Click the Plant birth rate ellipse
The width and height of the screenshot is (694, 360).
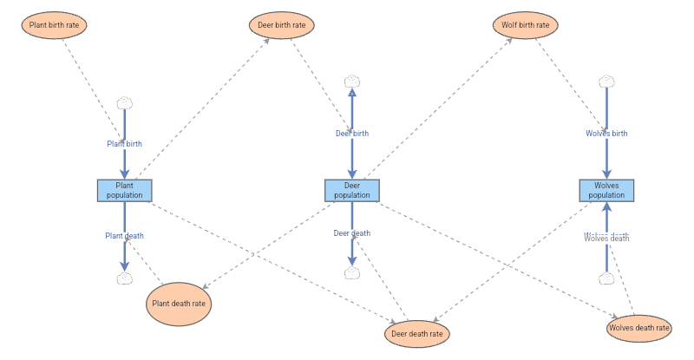click(x=54, y=25)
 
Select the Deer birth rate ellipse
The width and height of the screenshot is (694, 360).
click(x=281, y=25)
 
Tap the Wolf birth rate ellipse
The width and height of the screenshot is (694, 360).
click(x=525, y=25)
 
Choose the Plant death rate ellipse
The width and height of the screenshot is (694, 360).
click(x=179, y=304)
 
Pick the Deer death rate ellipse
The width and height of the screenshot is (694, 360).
click(x=417, y=333)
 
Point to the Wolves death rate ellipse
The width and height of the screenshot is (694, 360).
click(x=639, y=328)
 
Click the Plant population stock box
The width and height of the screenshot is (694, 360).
click(x=124, y=190)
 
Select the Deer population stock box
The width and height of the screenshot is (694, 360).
click(x=352, y=190)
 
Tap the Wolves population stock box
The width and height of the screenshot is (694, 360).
click(x=606, y=190)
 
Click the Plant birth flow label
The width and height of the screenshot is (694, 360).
click(x=124, y=144)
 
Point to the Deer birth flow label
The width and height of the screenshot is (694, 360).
click(x=352, y=134)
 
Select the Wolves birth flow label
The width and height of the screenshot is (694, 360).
click(x=606, y=134)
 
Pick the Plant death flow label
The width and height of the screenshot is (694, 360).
click(x=124, y=235)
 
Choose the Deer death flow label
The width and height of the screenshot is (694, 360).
click(x=352, y=233)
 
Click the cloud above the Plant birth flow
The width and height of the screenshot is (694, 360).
click(x=124, y=102)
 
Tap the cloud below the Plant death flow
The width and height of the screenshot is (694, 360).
click(x=124, y=278)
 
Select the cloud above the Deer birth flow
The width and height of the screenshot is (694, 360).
click(x=352, y=82)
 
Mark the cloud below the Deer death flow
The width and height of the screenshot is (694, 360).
click(x=352, y=273)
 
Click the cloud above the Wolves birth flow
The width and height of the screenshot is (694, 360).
click(x=606, y=82)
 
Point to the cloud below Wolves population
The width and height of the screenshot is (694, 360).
click(x=606, y=278)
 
